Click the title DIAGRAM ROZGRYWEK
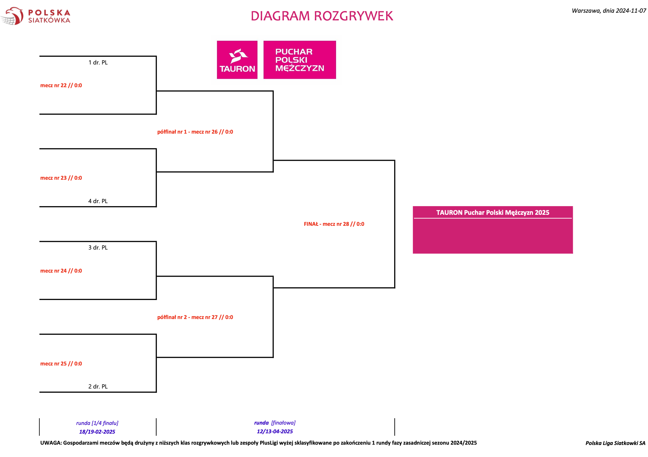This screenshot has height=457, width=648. coord(322,16)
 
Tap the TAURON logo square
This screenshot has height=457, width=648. coord(237,60)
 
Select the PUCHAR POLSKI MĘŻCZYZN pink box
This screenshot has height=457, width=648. coord(300,60)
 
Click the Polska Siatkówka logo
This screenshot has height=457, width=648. coord(35,16)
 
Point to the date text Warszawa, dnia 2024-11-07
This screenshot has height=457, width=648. coord(609,11)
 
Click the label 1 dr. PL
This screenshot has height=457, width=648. coord(98,62)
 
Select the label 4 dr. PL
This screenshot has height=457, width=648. coord(98,201)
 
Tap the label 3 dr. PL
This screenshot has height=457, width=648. coord(98,248)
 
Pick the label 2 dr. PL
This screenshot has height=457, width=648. coord(98,387)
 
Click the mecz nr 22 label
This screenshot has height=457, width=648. coord(61,86)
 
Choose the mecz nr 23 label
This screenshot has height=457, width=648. coord(61,178)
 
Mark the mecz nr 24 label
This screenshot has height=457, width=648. coord(61,271)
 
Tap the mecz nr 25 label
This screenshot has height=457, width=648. coord(61,364)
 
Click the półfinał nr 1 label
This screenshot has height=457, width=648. coord(195,132)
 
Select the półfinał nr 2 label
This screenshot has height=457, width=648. coord(195,317)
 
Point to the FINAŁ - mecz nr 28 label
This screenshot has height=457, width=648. coord(334,224)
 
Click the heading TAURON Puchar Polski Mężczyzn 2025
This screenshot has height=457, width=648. coord(493,213)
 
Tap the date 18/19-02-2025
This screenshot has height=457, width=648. coord(97,432)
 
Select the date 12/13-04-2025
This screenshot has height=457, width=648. coord(275,432)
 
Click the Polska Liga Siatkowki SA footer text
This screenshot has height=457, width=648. coord(615,443)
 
